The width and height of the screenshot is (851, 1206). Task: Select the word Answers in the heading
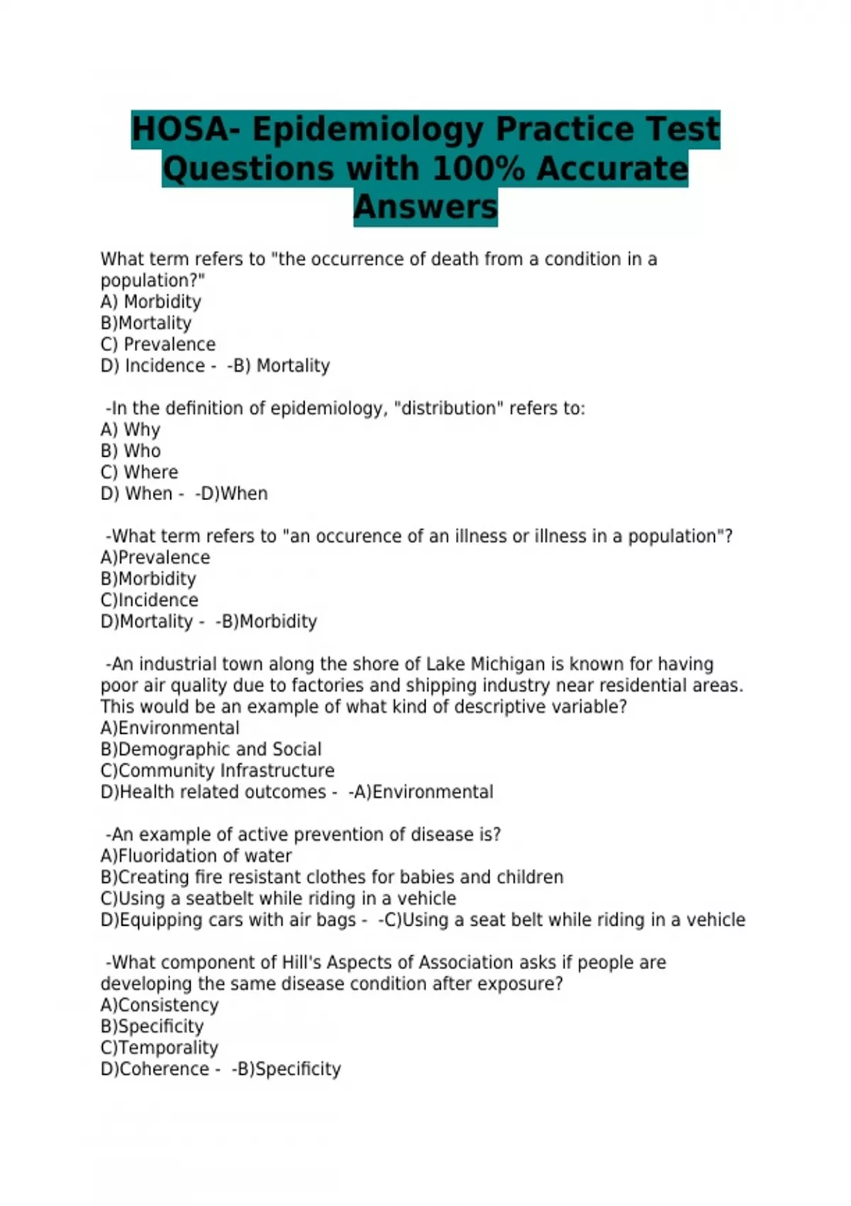click(425, 207)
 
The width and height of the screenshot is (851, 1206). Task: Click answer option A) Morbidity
click(151, 302)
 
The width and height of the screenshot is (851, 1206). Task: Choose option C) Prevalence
click(158, 345)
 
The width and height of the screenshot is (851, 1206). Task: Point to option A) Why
click(130, 430)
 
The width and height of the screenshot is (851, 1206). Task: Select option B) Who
click(130, 451)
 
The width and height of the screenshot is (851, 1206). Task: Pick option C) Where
click(139, 472)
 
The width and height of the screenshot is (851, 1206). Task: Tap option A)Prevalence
click(155, 558)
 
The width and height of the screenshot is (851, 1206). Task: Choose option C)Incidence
click(150, 600)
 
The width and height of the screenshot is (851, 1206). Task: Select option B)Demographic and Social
click(211, 749)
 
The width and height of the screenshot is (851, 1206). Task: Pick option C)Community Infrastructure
click(218, 770)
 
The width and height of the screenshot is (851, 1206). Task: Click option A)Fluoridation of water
click(196, 856)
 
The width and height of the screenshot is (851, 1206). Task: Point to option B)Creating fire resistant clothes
click(332, 877)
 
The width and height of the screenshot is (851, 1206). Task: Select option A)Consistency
click(160, 1005)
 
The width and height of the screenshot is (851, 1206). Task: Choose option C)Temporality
click(160, 1048)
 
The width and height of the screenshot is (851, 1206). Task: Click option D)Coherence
click(155, 1069)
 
